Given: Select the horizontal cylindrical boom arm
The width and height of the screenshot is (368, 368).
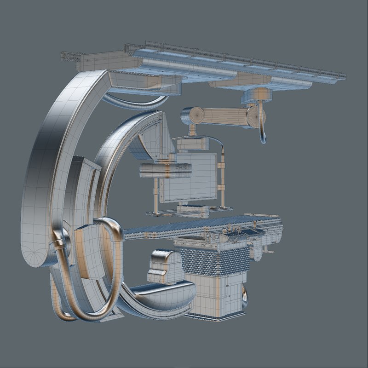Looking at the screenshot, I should click(221, 116).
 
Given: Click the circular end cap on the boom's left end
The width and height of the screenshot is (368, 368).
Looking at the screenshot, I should click(189, 115).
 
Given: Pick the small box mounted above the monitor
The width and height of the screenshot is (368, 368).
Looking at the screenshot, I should click(193, 144).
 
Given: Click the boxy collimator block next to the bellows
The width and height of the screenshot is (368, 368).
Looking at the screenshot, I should click(166, 267).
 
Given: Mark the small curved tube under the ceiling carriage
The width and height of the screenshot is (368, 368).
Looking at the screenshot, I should click(133, 102).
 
